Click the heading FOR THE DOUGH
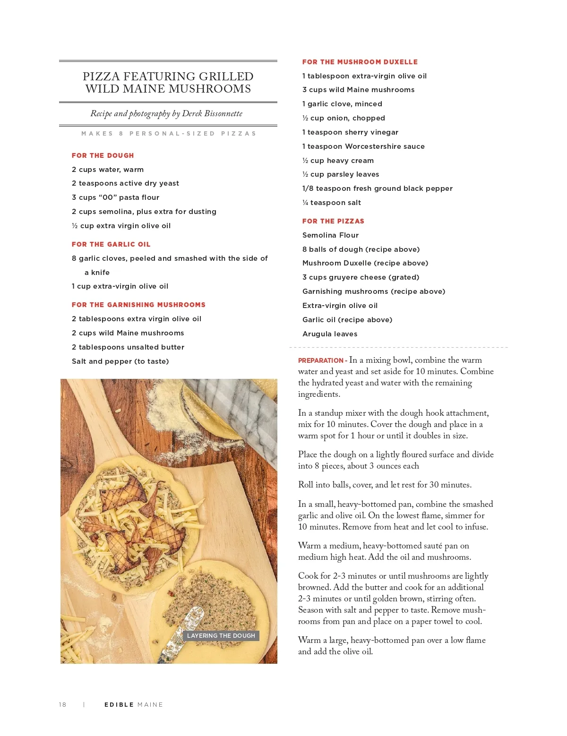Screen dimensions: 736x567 [103, 155]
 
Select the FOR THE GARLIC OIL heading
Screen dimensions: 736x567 [111, 244]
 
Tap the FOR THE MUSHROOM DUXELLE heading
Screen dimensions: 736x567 [360, 62]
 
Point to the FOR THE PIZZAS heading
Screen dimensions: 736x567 [333, 221]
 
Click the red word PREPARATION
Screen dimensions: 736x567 [321, 360]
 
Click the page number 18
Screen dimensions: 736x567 [62, 704]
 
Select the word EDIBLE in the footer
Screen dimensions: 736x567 [119, 704]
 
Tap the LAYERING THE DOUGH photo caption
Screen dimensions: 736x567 [221, 635]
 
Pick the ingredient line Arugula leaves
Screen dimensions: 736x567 [330, 334]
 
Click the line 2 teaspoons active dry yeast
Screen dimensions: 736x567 [125, 183]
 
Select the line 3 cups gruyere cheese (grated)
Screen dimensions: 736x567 [361, 277]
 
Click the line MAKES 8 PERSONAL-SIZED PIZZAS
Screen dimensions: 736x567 [169, 134]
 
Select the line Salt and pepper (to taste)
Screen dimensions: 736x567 [120, 361]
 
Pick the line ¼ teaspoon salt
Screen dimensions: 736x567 [331, 203]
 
